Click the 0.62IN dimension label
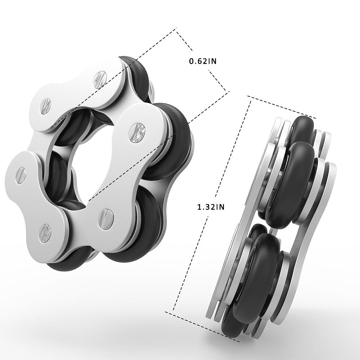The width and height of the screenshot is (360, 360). (x=203, y=61)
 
